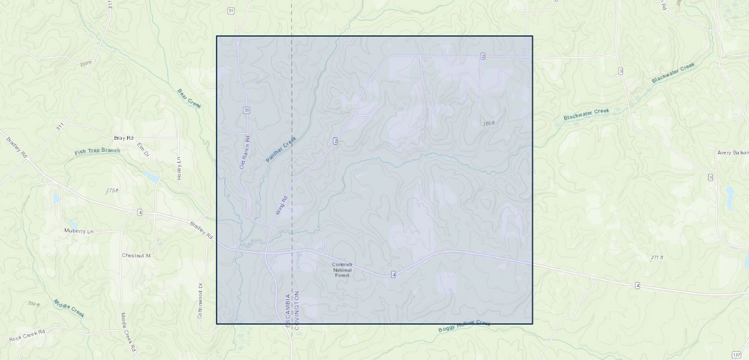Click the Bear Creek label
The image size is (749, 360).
click(x=189, y=98)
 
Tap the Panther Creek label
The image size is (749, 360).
click(x=281, y=149)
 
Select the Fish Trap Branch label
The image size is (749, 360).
click(x=97, y=151)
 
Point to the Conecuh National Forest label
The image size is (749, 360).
click(x=342, y=269)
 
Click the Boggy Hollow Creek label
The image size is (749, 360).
click(x=464, y=326)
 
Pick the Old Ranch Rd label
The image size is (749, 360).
click(x=244, y=152)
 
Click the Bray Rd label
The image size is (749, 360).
click(x=124, y=138)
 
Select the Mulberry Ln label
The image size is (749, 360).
click(x=79, y=231)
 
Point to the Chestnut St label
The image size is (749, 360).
click(x=136, y=256)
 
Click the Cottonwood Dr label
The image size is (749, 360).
click(x=200, y=301)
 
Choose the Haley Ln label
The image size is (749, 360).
click(x=179, y=169)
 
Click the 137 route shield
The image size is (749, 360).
click(x=736, y=355)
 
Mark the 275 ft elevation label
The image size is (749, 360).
click(x=112, y=191)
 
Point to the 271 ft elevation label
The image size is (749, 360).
click(x=657, y=258)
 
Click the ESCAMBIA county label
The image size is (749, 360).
click(x=288, y=310)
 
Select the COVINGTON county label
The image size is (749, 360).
click(x=296, y=310)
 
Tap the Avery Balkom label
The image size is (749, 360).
click(x=733, y=153)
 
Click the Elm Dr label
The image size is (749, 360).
click(x=142, y=149)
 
